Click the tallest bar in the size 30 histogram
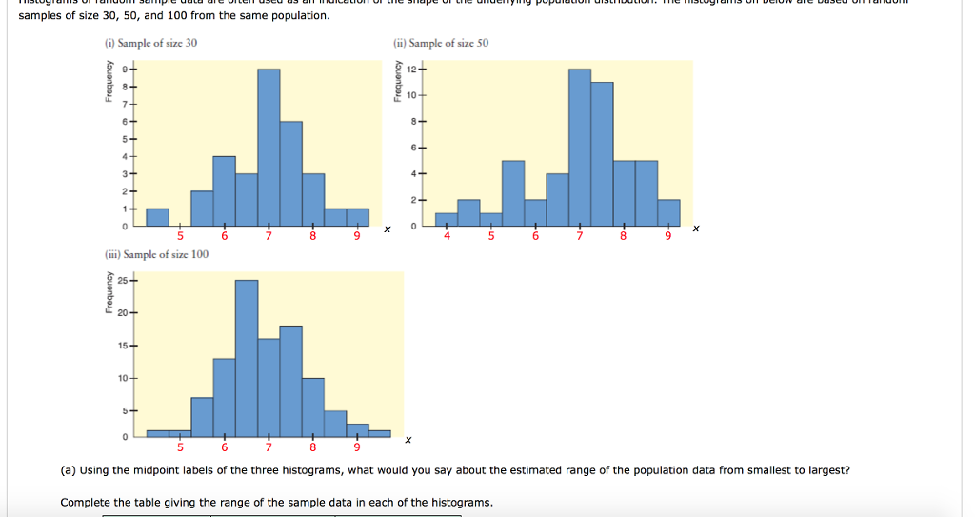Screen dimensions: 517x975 [x=269, y=148]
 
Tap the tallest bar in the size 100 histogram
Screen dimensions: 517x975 [x=247, y=358]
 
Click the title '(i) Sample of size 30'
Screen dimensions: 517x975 [x=151, y=44]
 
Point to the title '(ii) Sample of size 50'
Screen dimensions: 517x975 [x=441, y=44]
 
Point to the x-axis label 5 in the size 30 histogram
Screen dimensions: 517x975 [x=180, y=236]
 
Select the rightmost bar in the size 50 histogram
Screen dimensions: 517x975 [x=668, y=213]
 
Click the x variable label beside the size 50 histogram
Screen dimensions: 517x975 [x=696, y=229]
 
